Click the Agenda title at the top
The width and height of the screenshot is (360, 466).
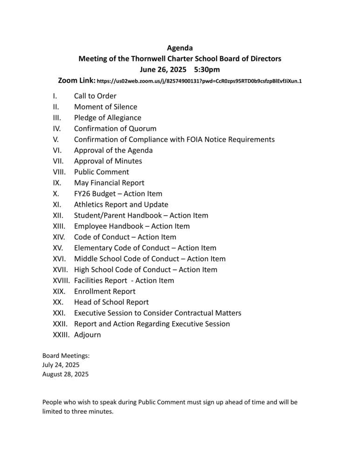click(180, 48)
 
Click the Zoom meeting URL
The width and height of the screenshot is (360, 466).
click(199, 81)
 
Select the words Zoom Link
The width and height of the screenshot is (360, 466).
click(76, 81)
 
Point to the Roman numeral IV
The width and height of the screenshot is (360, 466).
click(57, 129)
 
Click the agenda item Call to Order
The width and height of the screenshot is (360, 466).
click(95, 96)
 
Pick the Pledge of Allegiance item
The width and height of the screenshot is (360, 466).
click(108, 118)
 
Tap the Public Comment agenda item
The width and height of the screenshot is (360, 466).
click(102, 172)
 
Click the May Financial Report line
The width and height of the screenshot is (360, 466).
click(109, 183)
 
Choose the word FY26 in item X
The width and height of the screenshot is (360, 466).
click(83, 193)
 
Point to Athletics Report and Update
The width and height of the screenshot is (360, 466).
click(121, 205)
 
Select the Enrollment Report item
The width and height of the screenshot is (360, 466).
click(105, 291)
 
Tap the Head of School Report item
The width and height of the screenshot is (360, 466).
click(111, 302)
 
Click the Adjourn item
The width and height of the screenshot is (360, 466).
click(87, 335)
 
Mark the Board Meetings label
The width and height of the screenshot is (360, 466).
click(66, 356)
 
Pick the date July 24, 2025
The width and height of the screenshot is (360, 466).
click(61, 365)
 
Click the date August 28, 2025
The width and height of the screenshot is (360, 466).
click(65, 374)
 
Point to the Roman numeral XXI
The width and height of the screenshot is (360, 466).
click(59, 313)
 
